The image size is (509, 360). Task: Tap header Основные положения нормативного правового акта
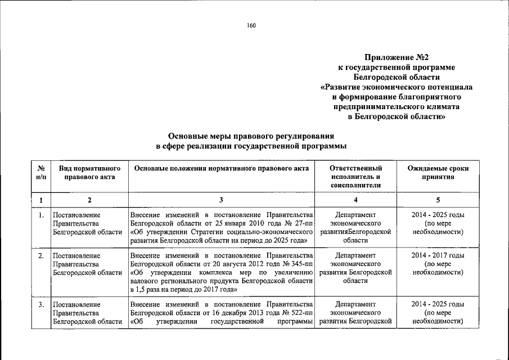click(x=221, y=169)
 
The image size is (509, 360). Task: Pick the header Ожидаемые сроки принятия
click(x=438, y=173)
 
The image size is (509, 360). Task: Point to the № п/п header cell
click(x=41, y=173)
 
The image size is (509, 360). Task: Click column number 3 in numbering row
click(x=221, y=200)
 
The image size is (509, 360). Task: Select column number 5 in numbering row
click(x=438, y=200)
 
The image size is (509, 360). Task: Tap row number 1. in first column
click(x=41, y=215)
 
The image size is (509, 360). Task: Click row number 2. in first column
click(x=41, y=256)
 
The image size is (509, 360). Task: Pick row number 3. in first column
click(x=41, y=305)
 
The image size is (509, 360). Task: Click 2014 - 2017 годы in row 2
click(x=438, y=256)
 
